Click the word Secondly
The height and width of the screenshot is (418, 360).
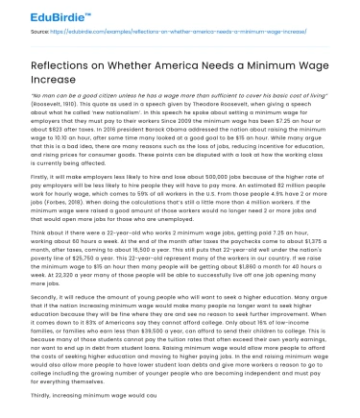click(47, 322)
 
